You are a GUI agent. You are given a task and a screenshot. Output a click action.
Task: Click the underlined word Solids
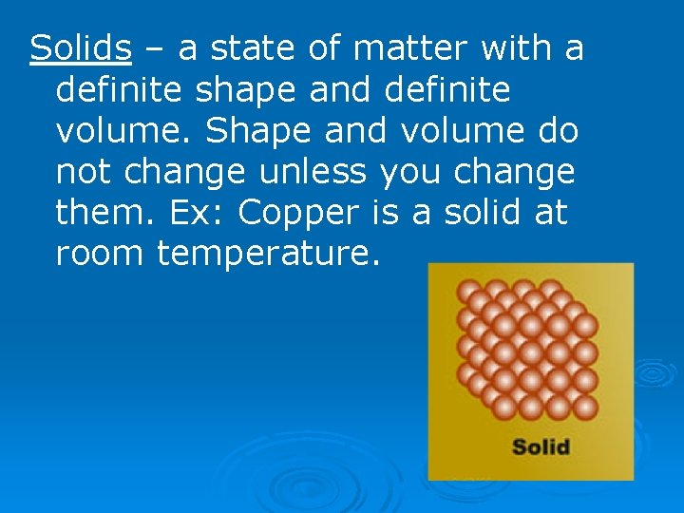click(81, 47)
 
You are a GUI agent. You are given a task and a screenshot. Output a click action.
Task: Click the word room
click(100, 255)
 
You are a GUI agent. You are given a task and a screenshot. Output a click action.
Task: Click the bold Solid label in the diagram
click(541, 446)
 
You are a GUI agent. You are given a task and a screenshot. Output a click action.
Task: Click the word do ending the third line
click(558, 130)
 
